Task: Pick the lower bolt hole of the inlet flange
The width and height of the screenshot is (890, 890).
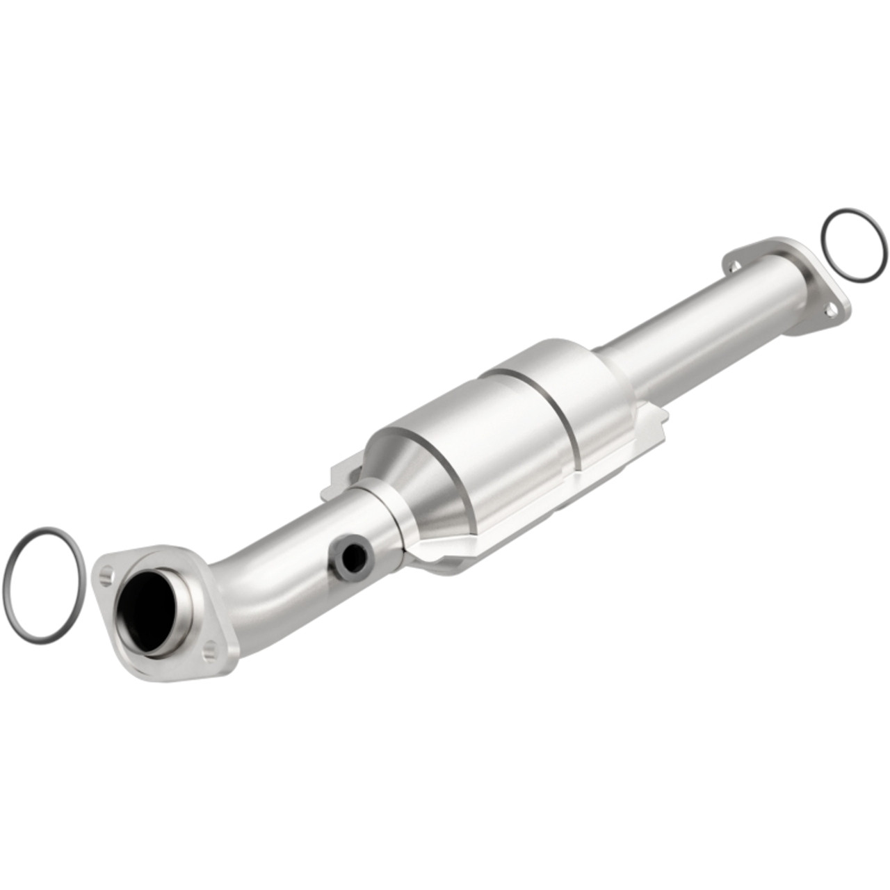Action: (211, 651)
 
